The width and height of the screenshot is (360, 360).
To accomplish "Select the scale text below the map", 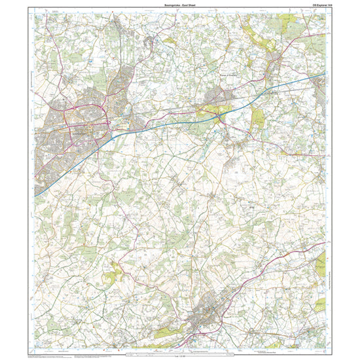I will click(180, 355).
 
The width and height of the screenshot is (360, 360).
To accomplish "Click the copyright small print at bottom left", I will click(49, 354).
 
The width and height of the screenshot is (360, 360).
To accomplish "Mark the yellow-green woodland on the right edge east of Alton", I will click(320, 265).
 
